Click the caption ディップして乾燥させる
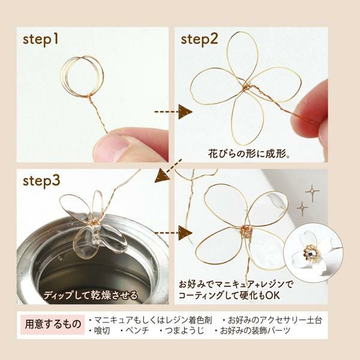tap(91, 295)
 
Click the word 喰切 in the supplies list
tap(100, 331)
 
